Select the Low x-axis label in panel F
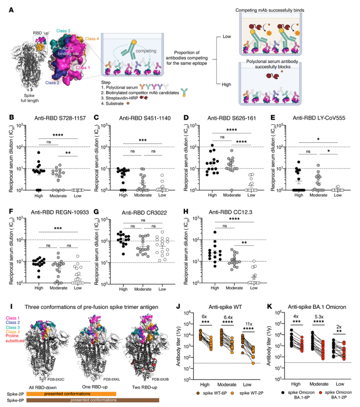point(79,291)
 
